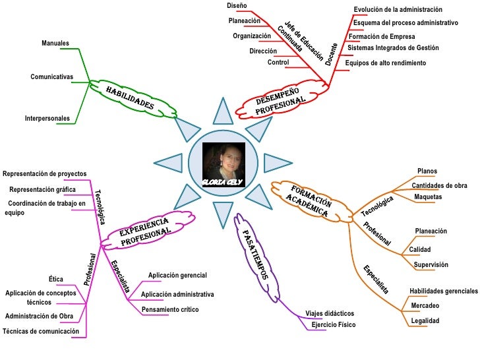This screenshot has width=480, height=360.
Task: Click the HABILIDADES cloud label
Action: (x=130, y=98)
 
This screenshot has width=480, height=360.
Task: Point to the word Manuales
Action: (x=55, y=43)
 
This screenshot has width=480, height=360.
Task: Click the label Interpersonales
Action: (x=47, y=118)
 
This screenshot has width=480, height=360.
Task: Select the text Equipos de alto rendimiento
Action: (x=386, y=63)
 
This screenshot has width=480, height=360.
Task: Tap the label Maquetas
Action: (x=428, y=197)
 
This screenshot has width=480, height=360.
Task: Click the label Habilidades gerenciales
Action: (x=443, y=291)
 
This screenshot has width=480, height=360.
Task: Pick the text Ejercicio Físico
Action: (x=333, y=324)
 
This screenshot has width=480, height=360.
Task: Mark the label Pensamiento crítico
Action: (x=170, y=309)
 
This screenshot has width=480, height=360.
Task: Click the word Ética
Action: (x=56, y=278)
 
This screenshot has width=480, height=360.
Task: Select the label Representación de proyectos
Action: (x=45, y=173)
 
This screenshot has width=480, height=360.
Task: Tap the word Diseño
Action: (x=237, y=5)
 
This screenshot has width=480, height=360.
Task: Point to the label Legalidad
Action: (x=425, y=320)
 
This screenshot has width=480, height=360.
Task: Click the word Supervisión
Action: (x=431, y=264)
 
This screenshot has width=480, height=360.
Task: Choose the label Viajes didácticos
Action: (x=330, y=313)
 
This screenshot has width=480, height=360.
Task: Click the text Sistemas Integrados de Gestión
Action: (x=393, y=47)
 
